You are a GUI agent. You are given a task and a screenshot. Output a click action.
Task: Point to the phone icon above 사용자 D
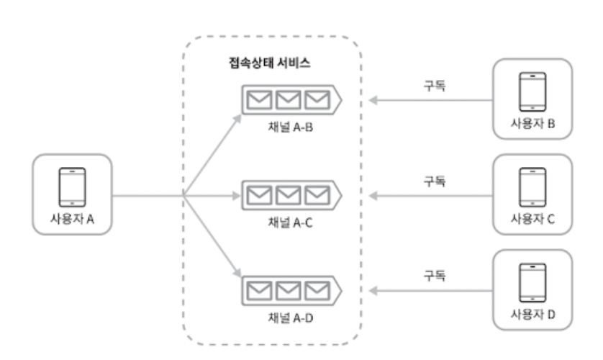point(532,281)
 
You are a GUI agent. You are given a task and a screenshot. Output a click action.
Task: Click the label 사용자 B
point(532,123)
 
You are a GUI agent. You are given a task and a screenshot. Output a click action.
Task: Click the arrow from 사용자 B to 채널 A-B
point(432,100)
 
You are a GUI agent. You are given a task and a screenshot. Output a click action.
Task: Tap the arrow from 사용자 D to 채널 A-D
point(432,289)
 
